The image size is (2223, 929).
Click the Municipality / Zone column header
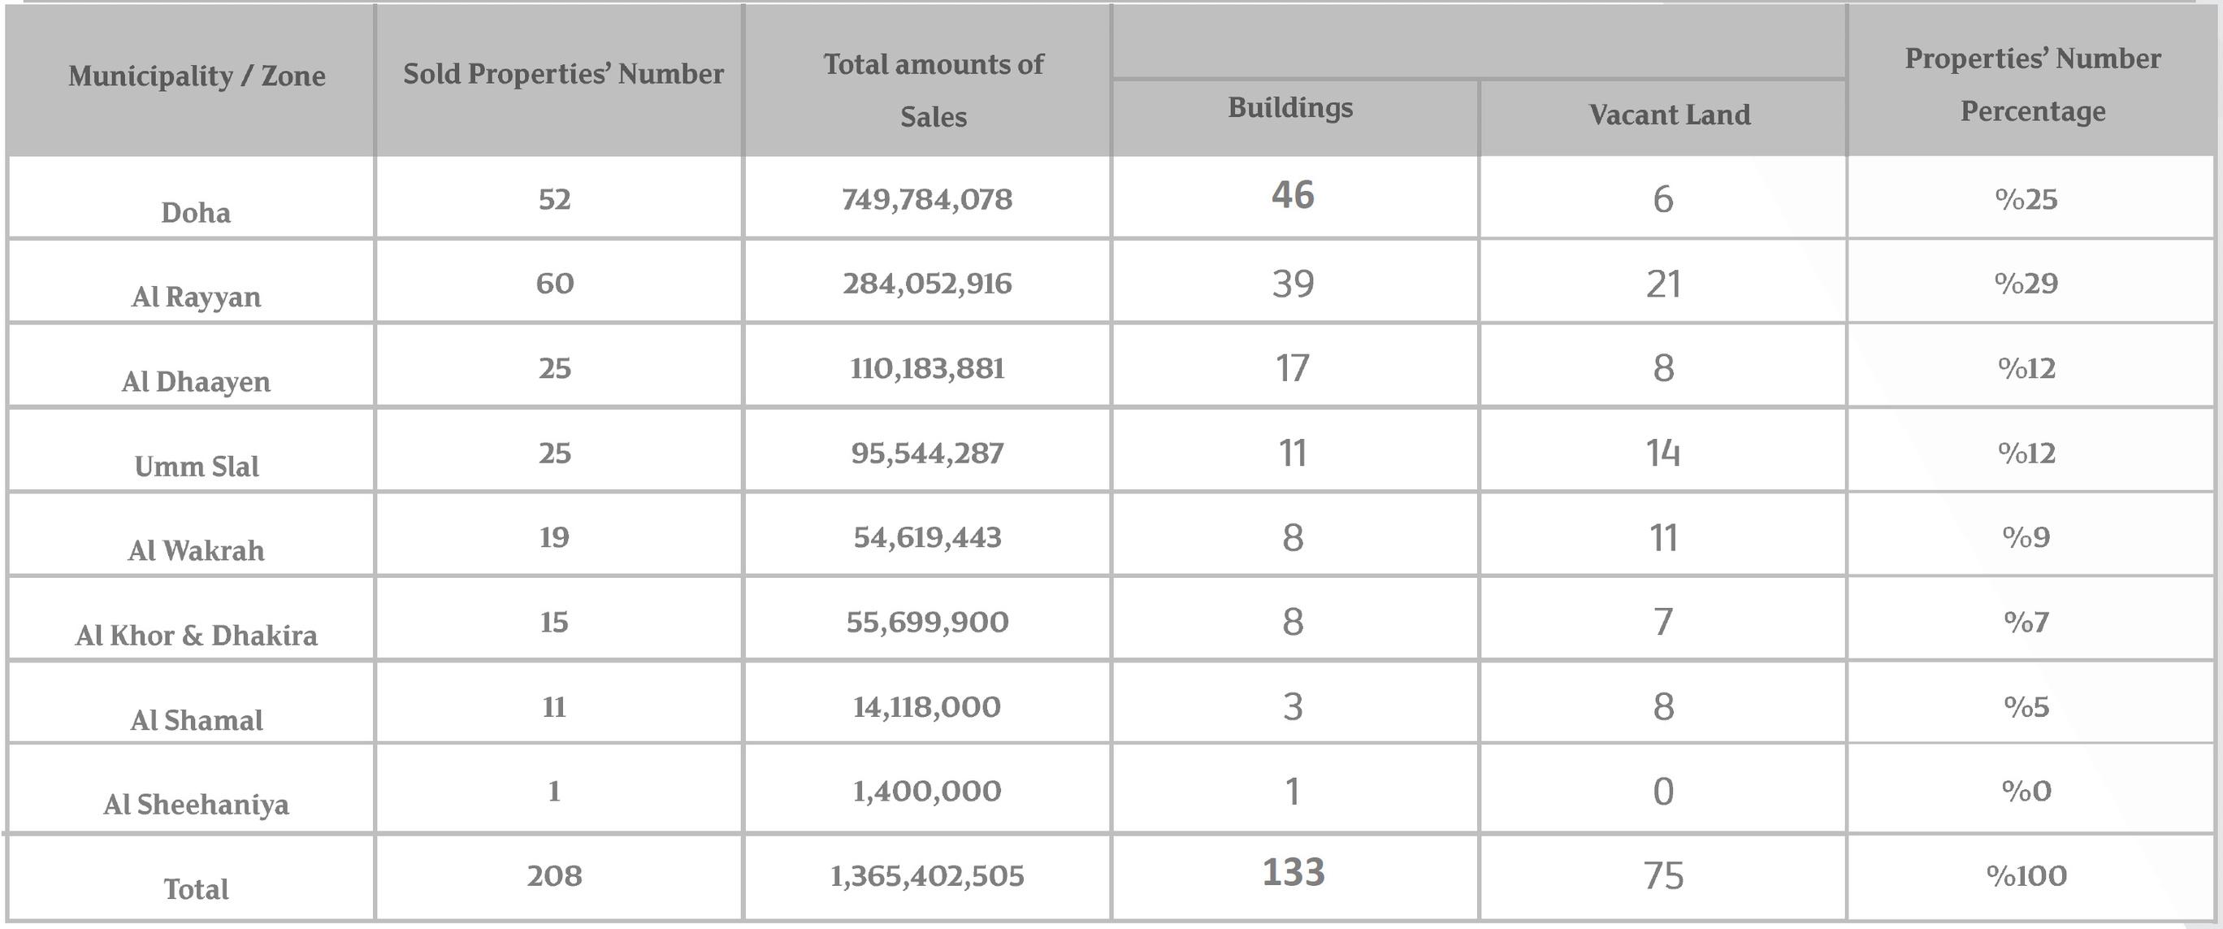[197, 76]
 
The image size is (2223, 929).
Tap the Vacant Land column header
[1670, 114]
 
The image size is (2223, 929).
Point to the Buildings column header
[1290, 107]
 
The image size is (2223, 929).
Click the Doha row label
[196, 212]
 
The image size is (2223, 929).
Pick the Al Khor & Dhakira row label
[196, 636]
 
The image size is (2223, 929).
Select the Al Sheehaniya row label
[196, 805]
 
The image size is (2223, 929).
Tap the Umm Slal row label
[196, 467]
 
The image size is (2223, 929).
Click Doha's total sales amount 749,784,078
[927, 199]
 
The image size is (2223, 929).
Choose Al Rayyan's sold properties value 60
[554, 283]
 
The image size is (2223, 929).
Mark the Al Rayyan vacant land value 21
[1663, 284]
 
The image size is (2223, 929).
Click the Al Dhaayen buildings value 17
[1292, 369]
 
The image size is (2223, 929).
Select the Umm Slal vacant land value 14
[1663, 454]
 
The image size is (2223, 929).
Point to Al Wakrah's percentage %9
[2026, 537]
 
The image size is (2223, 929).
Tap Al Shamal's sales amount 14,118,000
[927, 707]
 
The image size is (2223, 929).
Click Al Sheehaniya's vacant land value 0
[1663, 792]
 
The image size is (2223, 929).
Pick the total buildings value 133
[1293, 872]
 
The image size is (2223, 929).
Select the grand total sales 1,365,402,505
[927, 876]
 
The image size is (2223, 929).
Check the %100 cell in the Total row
[2026, 875]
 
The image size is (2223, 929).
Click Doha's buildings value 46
[1293, 195]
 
